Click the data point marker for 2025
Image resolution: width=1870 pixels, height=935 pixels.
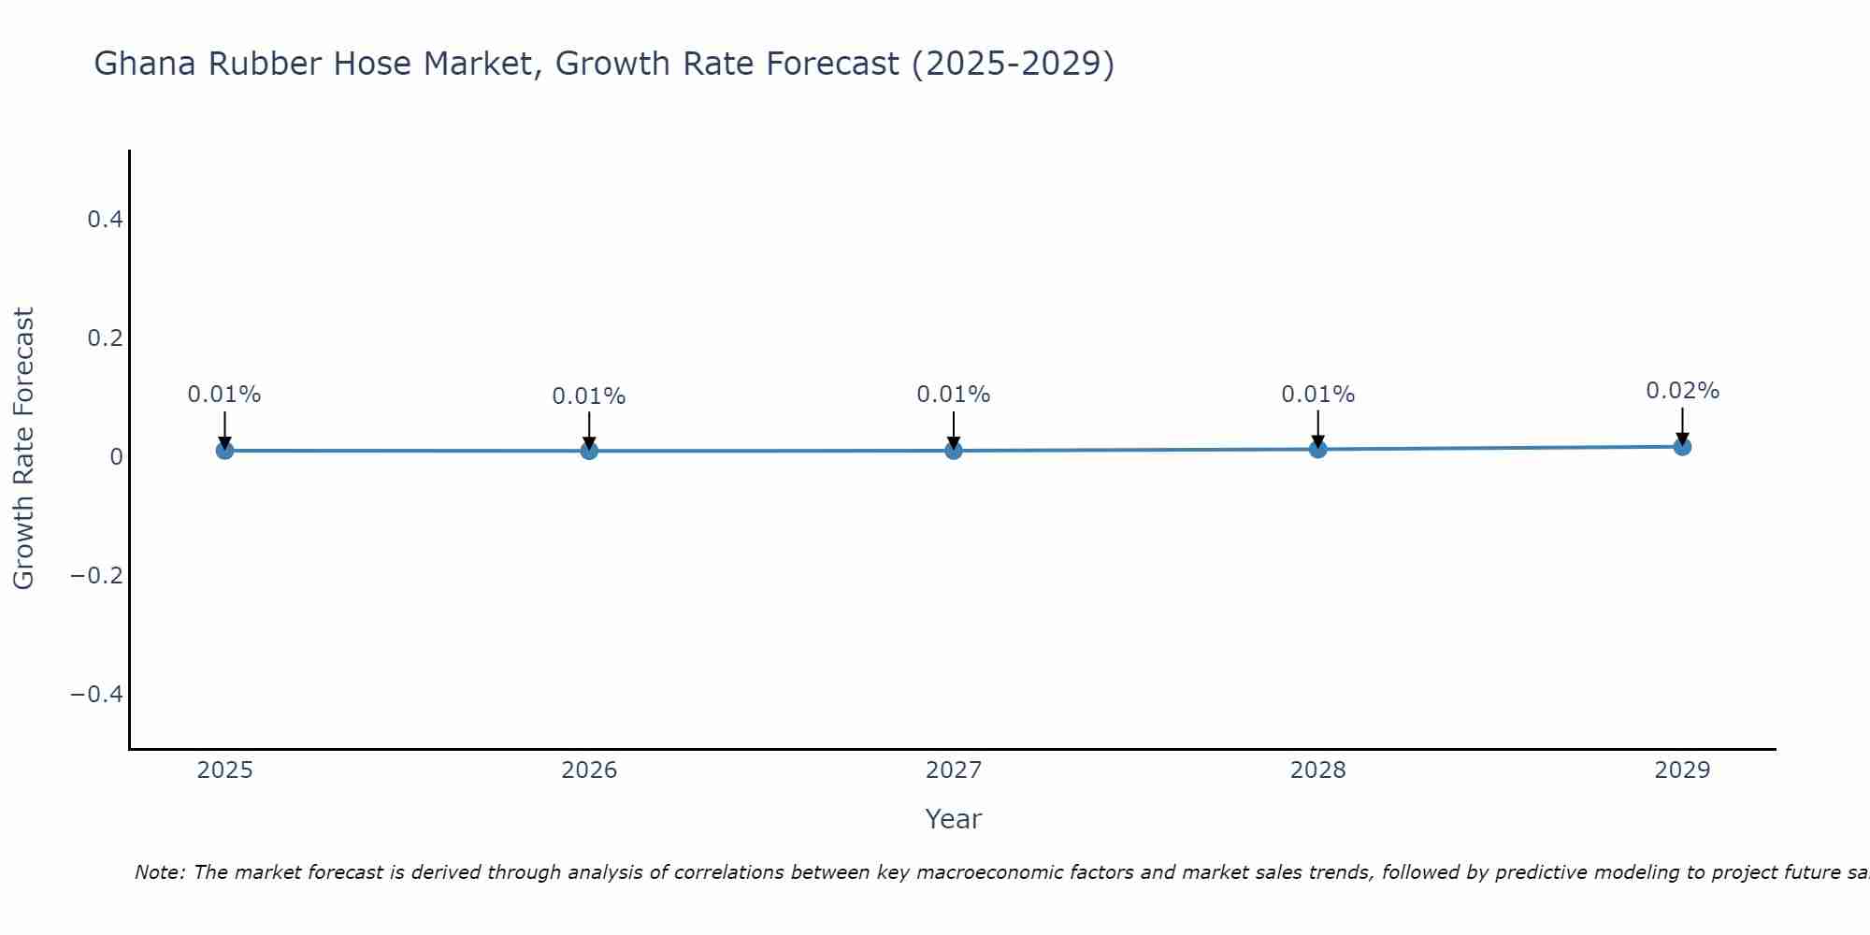224,451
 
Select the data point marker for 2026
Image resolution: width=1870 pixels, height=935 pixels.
589,451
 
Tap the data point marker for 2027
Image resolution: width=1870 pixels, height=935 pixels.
954,451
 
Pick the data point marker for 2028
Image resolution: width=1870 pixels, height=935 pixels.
1317,450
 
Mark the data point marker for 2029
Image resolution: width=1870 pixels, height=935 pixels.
1682,447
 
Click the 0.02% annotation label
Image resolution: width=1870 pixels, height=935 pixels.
1682,391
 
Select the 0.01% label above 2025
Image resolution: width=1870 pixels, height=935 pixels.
224,395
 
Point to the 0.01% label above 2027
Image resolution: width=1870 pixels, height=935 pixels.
954,395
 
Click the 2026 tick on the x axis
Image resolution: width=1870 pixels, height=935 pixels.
589,770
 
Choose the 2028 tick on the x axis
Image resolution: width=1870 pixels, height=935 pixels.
1317,770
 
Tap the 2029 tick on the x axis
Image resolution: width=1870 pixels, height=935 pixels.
1682,770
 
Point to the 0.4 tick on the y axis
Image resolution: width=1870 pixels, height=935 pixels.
105,220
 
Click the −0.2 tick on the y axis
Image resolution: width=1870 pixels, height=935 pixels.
96,575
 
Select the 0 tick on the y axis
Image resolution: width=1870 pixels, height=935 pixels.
116,456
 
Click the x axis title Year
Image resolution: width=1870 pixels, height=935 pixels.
953,820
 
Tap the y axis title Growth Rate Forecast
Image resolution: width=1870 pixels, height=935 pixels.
23,449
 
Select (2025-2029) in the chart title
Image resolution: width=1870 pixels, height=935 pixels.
1013,65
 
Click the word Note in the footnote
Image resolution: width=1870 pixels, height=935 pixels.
159,872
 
